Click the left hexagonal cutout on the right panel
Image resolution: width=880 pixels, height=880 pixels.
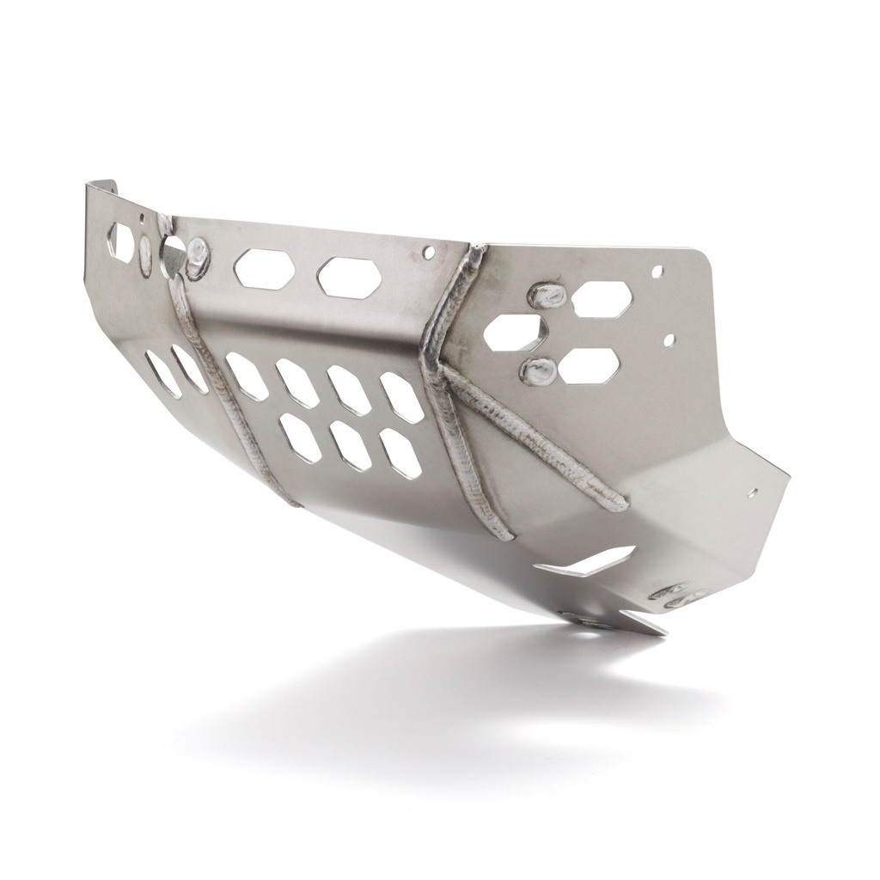515,332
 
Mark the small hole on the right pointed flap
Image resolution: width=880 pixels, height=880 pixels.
754,494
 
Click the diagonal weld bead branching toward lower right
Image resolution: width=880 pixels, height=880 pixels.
533,438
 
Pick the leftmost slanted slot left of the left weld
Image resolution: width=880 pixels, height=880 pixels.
162,374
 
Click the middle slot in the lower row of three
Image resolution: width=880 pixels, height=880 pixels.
350,444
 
